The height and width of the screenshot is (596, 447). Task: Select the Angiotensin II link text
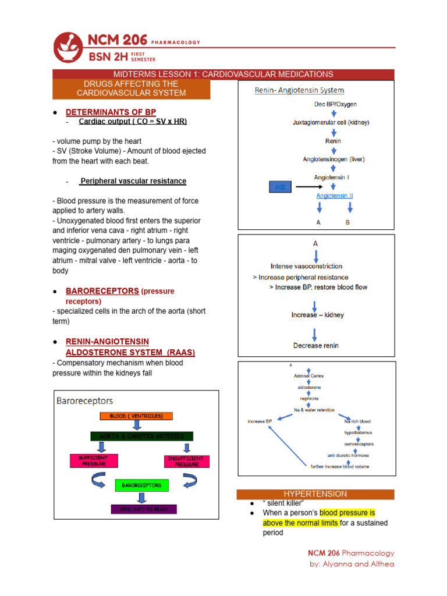[334, 196]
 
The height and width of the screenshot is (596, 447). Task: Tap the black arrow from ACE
[311, 187]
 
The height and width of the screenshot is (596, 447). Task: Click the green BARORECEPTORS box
[142, 485]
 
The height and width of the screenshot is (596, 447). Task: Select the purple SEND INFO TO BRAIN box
[143, 509]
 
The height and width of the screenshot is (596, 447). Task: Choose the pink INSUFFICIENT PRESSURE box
[186, 462]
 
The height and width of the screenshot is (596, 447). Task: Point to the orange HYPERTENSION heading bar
[315, 494]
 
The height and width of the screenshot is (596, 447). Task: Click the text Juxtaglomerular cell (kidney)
[330, 123]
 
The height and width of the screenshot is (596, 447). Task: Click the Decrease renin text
[315, 345]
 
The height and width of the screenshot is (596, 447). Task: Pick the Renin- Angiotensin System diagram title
[299, 90]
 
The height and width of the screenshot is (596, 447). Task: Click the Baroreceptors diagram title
[84, 401]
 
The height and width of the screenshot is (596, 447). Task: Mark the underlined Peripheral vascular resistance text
[133, 181]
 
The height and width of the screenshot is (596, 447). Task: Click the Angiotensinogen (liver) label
[334, 159]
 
